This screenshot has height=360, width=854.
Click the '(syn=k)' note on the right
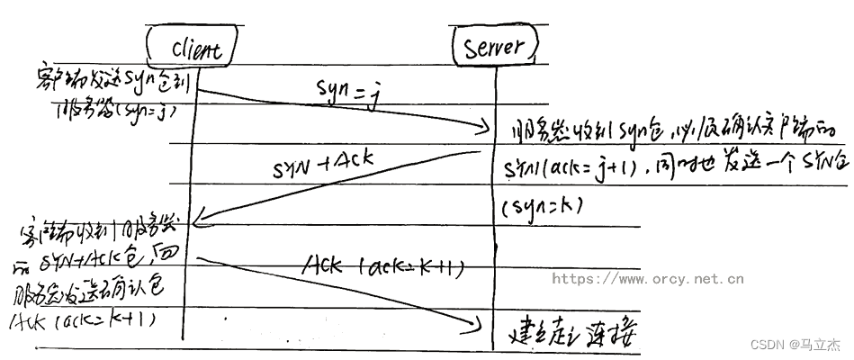coord(541,208)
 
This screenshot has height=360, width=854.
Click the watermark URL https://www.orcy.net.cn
coord(647,279)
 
